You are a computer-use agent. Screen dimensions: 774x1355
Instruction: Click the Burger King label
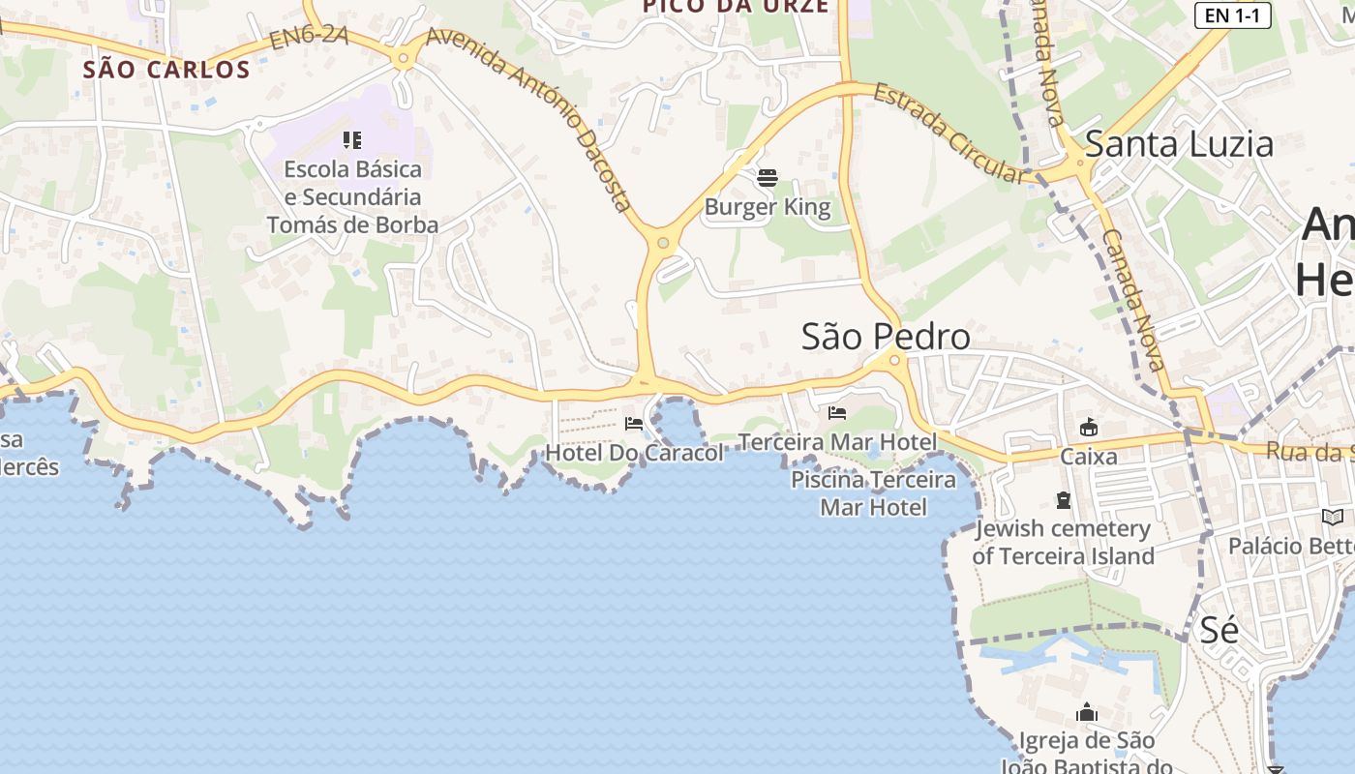(x=767, y=207)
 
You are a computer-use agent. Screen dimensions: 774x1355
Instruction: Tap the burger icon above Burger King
(x=768, y=178)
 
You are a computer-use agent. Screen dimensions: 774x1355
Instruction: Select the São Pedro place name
(x=886, y=337)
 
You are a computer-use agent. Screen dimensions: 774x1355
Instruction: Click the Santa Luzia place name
(x=1178, y=144)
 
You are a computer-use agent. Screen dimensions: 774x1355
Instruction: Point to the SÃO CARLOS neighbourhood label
(x=166, y=70)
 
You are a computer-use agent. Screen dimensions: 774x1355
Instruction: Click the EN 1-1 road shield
(x=1232, y=15)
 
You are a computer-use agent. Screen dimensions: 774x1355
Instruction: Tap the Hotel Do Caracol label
(x=634, y=453)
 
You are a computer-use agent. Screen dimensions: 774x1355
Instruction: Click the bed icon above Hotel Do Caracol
(x=634, y=424)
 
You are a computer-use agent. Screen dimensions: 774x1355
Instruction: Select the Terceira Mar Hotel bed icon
(x=837, y=413)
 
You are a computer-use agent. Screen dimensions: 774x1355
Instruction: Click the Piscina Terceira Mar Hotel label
(x=873, y=493)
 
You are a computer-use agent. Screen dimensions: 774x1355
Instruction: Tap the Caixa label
(x=1088, y=456)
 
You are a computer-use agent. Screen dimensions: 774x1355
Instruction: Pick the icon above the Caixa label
(x=1088, y=427)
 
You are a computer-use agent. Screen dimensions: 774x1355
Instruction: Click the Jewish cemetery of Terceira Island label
(x=1063, y=543)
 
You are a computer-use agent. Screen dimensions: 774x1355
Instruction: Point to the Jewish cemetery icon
(x=1064, y=500)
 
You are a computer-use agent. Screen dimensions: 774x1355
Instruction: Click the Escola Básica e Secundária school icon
(x=352, y=140)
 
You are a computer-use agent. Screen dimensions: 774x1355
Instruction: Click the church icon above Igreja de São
(x=1087, y=713)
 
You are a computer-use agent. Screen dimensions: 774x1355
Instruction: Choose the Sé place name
(x=1219, y=630)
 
